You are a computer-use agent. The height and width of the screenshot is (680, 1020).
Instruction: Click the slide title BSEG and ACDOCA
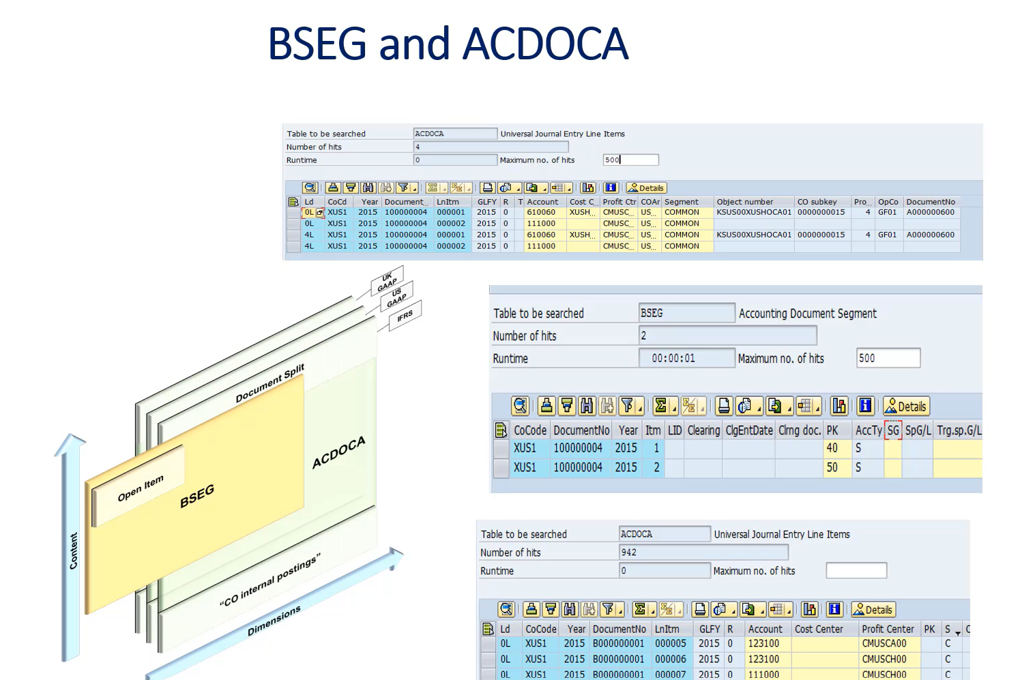(x=448, y=44)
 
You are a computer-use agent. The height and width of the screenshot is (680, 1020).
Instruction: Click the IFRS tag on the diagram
(x=405, y=316)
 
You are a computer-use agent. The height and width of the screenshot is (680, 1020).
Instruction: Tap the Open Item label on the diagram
(x=140, y=488)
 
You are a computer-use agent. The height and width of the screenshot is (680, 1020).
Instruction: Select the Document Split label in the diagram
(x=269, y=383)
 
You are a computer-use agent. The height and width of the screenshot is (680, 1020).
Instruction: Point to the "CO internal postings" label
(x=269, y=580)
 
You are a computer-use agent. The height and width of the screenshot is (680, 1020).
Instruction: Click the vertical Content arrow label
(x=73, y=550)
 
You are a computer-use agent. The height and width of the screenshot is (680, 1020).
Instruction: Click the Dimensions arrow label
(x=274, y=621)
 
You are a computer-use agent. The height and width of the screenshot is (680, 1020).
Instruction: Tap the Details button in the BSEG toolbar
(x=906, y=406)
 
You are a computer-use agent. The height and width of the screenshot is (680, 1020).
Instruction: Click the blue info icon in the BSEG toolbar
(x=865, y=406)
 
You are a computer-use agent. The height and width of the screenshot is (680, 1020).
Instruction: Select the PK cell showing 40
(x=832, y=448)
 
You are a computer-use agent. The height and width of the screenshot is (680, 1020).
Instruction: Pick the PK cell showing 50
(x=832, y=467)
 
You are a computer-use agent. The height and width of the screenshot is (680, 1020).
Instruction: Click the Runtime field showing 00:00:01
(x=686, y=358)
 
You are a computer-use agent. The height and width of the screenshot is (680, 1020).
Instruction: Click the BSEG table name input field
(x=686, y=313)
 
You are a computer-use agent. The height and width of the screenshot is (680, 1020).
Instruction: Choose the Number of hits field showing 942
(x=703, y=552)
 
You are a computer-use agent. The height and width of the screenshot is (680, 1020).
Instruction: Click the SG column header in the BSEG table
(x=893, y=430)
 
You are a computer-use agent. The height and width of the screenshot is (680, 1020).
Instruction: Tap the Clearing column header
(x=703, y=430)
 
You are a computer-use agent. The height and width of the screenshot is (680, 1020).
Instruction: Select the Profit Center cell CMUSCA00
(x=884, y=643)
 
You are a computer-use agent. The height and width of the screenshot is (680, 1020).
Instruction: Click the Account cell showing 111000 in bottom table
(x=763, y=675)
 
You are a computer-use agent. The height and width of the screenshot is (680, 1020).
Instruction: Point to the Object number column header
(x=745, y=202)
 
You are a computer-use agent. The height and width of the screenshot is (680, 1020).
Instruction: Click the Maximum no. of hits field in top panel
(x=630, y=160)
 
